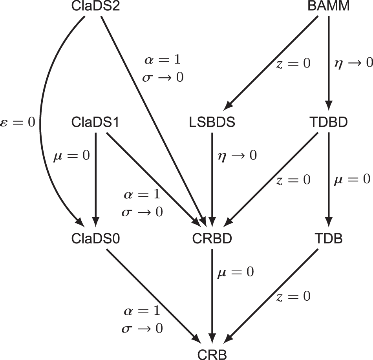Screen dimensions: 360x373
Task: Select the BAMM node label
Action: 328,7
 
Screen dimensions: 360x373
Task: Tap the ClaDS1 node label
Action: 95,122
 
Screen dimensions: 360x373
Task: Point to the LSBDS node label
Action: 212,122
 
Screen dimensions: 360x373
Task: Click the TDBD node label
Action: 328,122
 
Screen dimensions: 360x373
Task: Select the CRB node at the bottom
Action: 212,353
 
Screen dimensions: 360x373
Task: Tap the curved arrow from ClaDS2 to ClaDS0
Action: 40,118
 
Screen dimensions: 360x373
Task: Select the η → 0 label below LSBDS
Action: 237,155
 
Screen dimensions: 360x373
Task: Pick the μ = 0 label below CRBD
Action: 235,271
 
